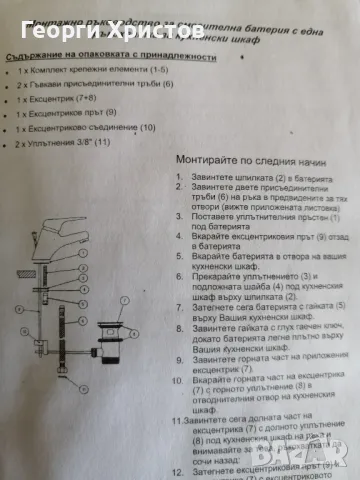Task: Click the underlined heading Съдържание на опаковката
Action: click(110, 58)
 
